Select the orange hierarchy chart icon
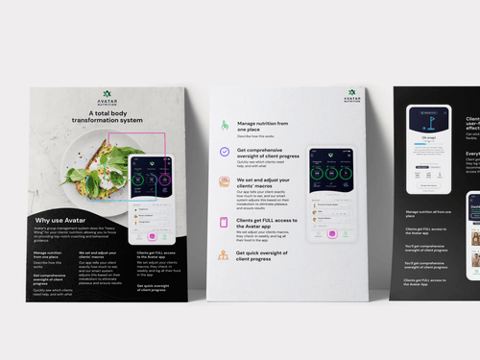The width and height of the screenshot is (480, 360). [224, 256]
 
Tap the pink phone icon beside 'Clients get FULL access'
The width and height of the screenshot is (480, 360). [224, 223]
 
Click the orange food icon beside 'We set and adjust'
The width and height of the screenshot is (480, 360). [224, 182]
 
